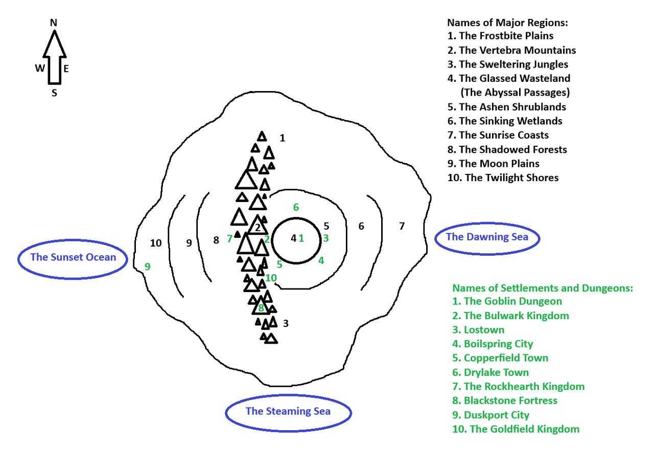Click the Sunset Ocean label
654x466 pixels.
point(73,257)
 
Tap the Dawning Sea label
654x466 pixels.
point(487,237)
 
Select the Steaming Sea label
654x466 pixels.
point(288,411)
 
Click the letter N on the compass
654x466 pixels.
point(54,23)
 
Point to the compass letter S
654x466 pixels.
point(54,93)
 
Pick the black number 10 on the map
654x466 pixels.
point(156,243)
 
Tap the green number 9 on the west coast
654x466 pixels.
point(148,267)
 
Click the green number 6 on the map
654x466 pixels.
point(296,207)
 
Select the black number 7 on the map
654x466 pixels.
point(402,226)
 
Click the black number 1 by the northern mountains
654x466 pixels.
point(282,138)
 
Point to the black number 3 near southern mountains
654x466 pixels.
point(286,323)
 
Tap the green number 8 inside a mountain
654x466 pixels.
point(261,307)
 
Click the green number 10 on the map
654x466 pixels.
point(271,278)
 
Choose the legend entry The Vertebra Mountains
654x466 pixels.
point(511,50)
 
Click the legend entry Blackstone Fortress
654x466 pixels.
point(505,401)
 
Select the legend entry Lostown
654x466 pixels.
point(478,330)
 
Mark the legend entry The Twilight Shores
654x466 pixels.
point(503,177)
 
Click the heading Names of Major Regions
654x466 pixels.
point(508,23)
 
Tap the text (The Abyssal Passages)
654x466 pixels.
point(516,93)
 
